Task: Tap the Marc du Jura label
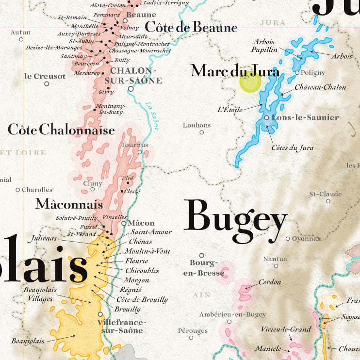click(235, 71)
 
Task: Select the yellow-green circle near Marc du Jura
click(250, 82)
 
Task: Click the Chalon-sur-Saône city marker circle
click(131, 89)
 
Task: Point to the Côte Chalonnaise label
click(61, 130)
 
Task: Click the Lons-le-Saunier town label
click(305, 117)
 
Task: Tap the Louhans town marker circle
click(202, 132)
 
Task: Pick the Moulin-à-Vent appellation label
click(147, 251)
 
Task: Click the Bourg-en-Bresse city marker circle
click(202, 255)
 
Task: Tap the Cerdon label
click(270, 282)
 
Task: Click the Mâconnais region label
click(69, 204)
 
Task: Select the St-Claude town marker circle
click(328, 201)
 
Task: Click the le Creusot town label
click(45, 76)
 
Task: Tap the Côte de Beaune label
click(191, 27)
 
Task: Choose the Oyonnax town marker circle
click(288, 239)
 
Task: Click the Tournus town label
click(134, 145)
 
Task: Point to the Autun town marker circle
click(21, 40)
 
